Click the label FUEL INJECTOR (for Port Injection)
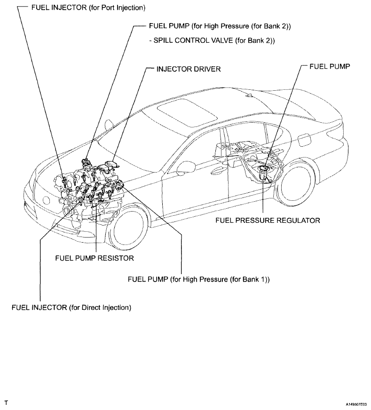pyautogui.click(x=88, y=8)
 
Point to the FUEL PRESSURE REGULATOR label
pyautogui.click(x=268, y=220)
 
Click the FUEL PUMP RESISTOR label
pyautogui.click(x=95, y=258)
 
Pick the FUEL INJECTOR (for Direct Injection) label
pyautogui.click(x=71, y=307)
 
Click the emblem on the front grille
pyautogui.click(x=47, y=199)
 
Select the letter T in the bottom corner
pyautogui.click(x=6, y=403)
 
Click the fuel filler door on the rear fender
pyautogui.click(x=305, y=140)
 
